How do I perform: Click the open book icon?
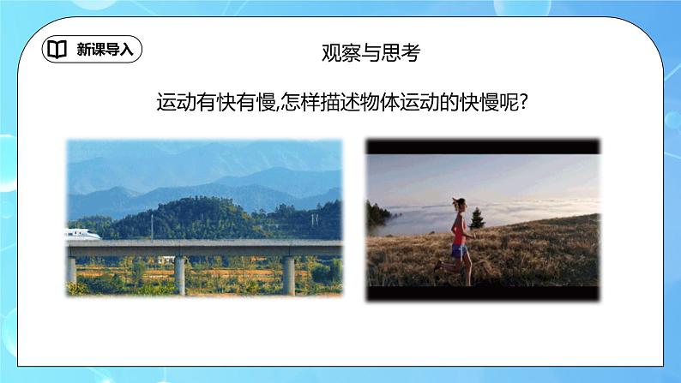point(57,50)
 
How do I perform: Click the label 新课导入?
point(104,50)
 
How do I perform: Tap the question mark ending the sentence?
point(522,103)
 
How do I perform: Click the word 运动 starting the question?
point(171,103)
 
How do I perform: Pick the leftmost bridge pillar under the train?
point(71,269)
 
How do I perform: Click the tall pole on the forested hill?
point(152,224)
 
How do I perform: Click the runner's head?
point(460,206)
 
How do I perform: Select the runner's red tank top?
point(461,230)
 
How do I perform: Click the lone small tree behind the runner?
point(476,219)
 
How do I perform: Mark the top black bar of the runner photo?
point(483,147)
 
